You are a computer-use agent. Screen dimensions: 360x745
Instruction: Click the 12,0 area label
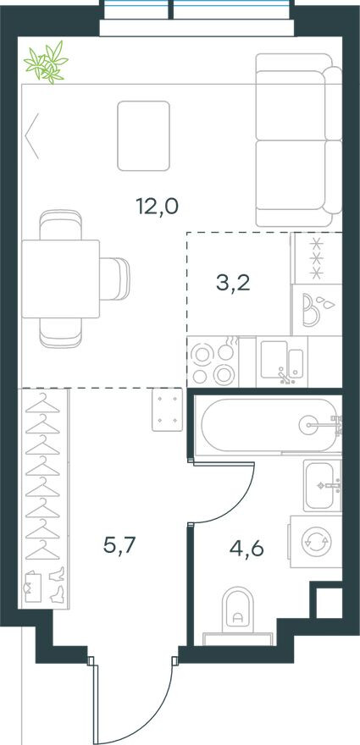[x=157, y=207]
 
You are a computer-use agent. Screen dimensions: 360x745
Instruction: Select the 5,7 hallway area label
[x=119, y=546]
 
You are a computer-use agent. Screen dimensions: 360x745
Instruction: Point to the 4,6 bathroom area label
[x=246, y=549]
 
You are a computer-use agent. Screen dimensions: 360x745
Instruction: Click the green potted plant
[x=46, y=63]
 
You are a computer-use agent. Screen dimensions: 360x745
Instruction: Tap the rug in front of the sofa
[x=144, y=136]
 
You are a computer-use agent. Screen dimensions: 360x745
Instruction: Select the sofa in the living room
[x=299, y=141]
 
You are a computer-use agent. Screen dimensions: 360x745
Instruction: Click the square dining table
[x=60, y=279]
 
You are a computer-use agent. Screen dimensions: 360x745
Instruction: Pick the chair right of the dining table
[x=114, y=279]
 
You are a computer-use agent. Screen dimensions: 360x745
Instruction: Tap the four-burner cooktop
[x=213, y=362]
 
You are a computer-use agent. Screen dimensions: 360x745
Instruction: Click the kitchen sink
[x=282, y=362]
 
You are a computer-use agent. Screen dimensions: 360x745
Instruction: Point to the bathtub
[x=269, y=424]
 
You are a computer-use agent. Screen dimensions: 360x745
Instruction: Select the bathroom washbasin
[x=323, y=486]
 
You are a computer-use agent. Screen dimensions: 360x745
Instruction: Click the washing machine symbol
[x=316, y=542]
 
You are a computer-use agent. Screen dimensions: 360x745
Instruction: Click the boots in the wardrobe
[x=58, y=584]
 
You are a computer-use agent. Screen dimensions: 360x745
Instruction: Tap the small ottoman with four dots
[x=168, y=410]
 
